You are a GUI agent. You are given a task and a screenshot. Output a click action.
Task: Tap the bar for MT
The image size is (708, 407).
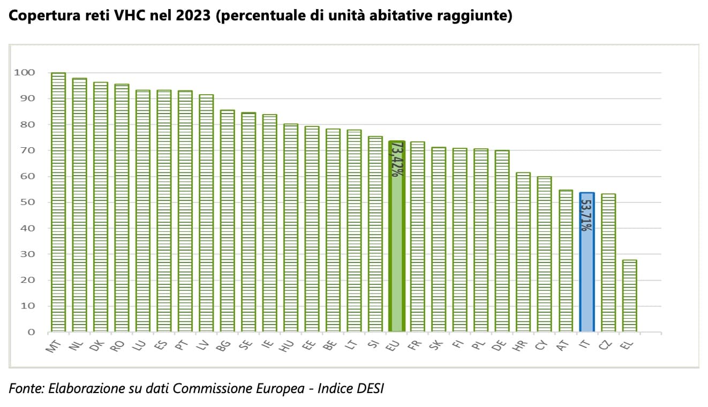pyautogui.click(x=58, y=204)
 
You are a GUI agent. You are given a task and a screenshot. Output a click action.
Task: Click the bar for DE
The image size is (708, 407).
pyautogui.click(x=502, y=241)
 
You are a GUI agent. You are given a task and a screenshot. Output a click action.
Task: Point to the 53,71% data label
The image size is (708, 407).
pyautogui.click(x=586, y=215)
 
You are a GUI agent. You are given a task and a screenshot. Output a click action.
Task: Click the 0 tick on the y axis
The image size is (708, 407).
pyautogui.click(x=31, y=332)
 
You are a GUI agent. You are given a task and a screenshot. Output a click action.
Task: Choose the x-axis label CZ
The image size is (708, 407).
pyautogui.click(x=606, y=346)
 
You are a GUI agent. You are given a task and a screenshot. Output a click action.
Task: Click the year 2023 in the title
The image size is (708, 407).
pyautogui.click(x=192, y=17)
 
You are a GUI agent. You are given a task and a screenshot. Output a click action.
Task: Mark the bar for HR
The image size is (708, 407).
pyautogui.click(x=523, y=252)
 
